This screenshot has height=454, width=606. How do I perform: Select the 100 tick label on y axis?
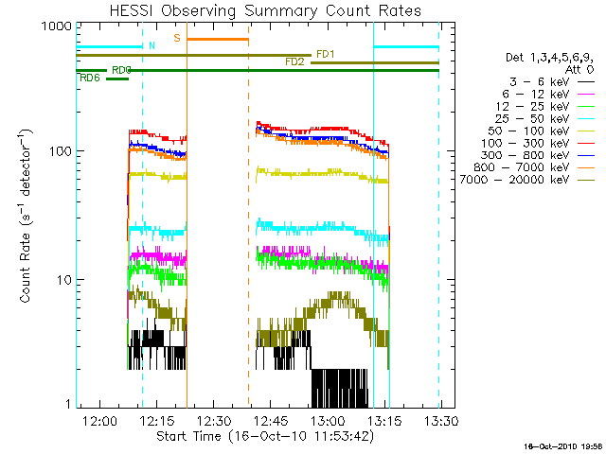click(x=59, y=151)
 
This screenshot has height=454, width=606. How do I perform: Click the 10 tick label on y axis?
click(x=62, y=280)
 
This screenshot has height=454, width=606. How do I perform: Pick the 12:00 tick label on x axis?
click(x=99, y=420)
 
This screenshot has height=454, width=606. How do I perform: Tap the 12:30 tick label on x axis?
click(x=216, y=420)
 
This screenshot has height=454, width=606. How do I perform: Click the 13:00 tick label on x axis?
click(x=329, y=420)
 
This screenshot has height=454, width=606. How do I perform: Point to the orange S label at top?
click(x=176, y=37)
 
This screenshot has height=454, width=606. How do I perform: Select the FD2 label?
click(x=295, y=61)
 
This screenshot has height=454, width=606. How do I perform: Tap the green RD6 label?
click(x=91, y=78)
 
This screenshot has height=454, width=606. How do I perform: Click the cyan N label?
click(x=151, y=44)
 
